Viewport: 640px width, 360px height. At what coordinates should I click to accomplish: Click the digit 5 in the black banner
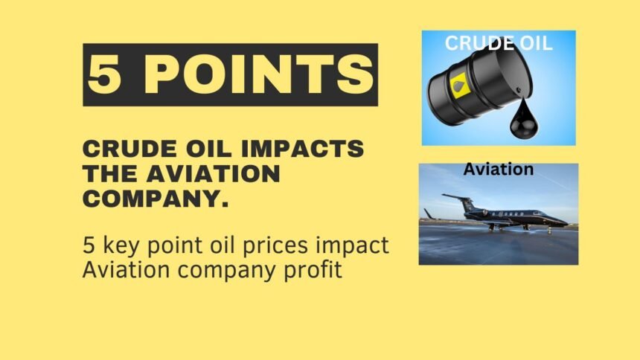[x=105, y=74]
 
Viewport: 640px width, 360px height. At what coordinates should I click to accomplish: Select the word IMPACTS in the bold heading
[x=302, y=148]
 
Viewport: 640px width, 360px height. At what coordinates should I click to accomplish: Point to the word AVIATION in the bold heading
[x=213, y=173]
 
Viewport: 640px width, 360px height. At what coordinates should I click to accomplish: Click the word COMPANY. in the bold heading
[x=156, y=199]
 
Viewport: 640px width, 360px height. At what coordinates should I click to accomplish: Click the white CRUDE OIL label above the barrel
[x=499, y=43]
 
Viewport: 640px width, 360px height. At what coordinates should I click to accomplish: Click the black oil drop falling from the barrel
[x=524, y=120]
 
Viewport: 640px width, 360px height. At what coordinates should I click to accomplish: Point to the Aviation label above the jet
[x=499, y=169]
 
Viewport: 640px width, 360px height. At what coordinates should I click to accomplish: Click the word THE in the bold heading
[x=110, y=173]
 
